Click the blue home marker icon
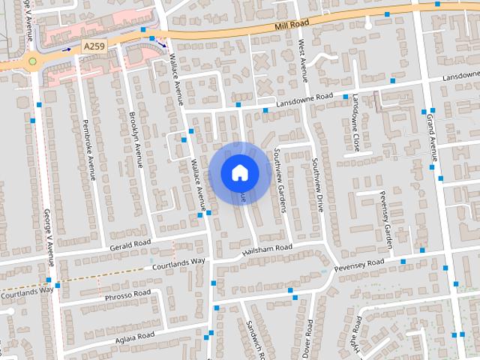(239, 172)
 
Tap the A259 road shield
(94, 46)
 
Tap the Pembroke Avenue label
(88, 149)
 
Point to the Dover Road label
(309, 340)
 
